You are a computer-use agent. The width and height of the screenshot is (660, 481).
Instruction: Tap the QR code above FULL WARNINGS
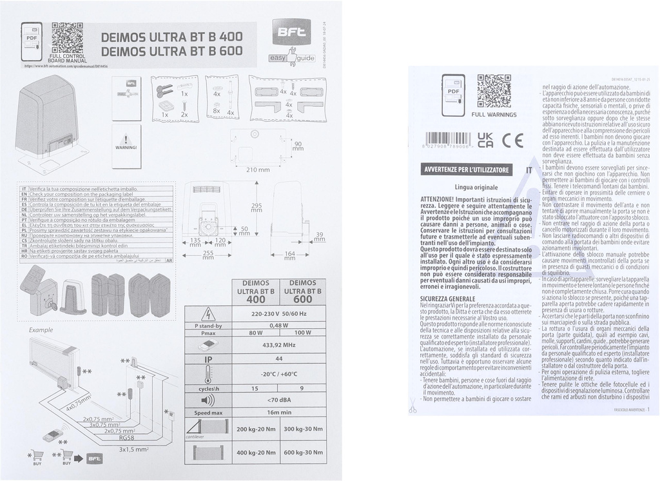click(x=494, y=91)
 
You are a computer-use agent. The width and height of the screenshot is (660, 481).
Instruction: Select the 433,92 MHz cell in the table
click(x=279, y=344)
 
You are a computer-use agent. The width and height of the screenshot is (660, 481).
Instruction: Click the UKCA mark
click(x=484, y=140)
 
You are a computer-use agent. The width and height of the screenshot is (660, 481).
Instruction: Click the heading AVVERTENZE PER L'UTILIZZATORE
click(x=467, y=170)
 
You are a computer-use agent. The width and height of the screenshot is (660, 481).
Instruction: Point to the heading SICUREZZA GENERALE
click(x=447, y=299)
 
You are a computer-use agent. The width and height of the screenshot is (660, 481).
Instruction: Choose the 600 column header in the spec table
click(x=302, y=291)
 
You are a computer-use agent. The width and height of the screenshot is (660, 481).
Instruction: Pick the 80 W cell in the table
click(x=256, y=333)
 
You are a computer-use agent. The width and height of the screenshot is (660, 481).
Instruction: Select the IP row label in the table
click(x=208, y=359)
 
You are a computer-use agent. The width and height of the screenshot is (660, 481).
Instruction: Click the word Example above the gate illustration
click(x=41, y=329)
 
